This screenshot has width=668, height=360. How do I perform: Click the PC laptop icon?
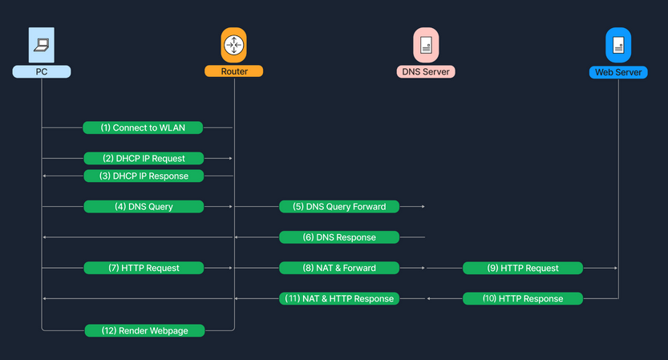point(42,46)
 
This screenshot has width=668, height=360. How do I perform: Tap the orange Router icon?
point(233,46)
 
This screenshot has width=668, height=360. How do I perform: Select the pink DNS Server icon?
point(425,46)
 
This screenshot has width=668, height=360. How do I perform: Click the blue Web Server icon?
point(618,46)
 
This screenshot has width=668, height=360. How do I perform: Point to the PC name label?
point(42,71)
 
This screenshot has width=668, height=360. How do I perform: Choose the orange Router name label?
point(233,71)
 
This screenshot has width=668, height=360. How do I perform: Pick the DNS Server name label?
point(425,71)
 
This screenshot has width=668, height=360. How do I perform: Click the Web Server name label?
point(618,72)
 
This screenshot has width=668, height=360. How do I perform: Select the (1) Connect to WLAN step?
point(143,127)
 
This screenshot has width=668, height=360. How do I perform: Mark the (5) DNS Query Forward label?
point(339,206)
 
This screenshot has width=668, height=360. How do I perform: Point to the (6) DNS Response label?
point(339,237)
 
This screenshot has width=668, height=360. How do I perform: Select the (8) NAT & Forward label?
point(339,267)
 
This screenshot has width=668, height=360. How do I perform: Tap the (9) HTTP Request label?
point(523,267)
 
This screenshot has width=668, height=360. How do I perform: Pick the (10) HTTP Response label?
point(523,298)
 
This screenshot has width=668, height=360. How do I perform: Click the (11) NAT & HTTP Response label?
point(339,298)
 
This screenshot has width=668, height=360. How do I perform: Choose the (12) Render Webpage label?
point(144,330)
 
